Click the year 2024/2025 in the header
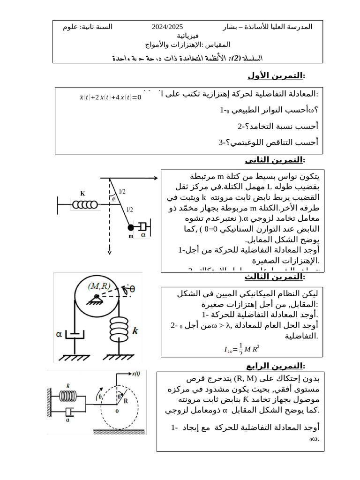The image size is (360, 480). tap(167, 27)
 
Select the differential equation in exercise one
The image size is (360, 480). tap(110, 97)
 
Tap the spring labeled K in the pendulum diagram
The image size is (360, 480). tap(85, 204)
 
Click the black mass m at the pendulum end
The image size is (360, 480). tap(131, 228)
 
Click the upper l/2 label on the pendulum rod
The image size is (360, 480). tap(122, 191)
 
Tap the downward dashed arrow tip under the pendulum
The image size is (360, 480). tap(109, 253)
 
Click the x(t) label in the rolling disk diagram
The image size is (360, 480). tap(138, 374)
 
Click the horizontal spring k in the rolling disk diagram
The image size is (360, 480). tap(68, 395)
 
